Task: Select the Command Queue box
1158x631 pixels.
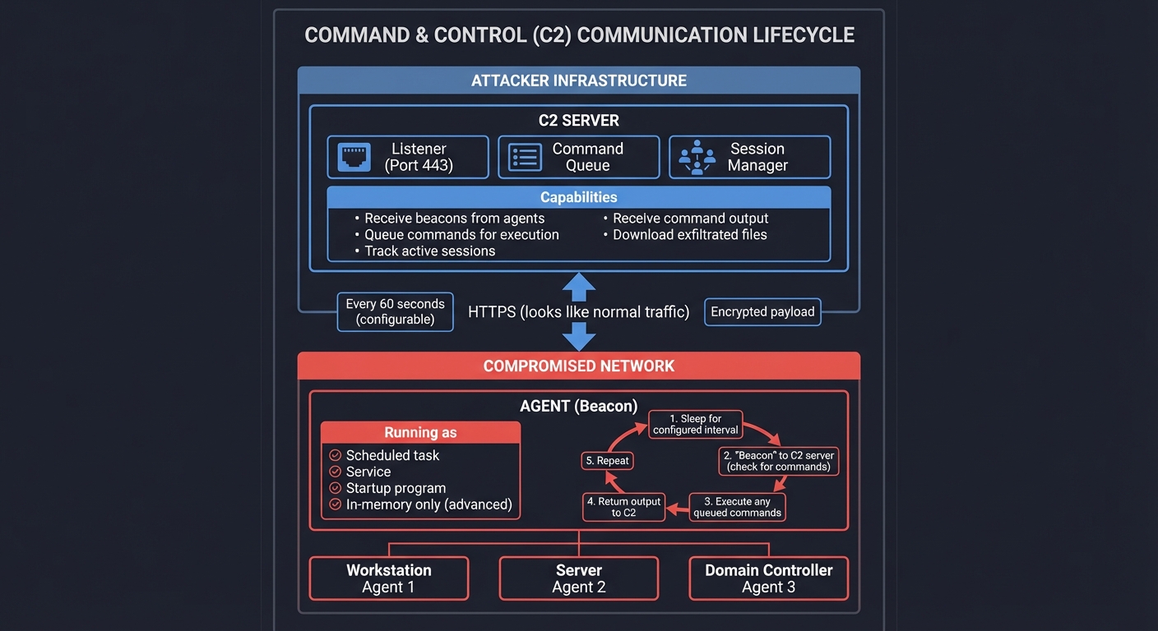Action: (579, 157)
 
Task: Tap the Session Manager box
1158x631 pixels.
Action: (750, 157)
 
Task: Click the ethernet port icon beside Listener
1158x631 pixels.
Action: (354, 157)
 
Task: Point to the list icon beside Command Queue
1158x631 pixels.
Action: (525, 157)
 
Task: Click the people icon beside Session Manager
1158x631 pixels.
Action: (697, 157)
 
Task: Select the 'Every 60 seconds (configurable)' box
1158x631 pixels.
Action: (395, 311)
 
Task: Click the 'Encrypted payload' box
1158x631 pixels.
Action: (762, 311)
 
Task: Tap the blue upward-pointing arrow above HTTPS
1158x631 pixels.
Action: (579, 288)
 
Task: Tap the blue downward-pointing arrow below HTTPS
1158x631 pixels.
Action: (579, 335)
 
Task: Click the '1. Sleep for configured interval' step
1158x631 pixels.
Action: (696, 424)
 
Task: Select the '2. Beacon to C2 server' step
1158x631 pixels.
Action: (778, 461)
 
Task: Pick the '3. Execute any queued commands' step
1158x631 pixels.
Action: (737, 507)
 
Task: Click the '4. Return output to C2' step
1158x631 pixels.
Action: (623, 507)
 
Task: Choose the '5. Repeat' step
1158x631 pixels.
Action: (608, 461)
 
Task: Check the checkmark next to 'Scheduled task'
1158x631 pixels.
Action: (335, 455)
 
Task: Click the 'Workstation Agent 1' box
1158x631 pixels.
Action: (388, 578)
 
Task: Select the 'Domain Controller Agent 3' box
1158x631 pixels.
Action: (768, 578)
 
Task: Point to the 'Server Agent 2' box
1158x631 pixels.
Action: (579, 578)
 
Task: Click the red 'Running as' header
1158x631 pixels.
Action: (420, 433)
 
